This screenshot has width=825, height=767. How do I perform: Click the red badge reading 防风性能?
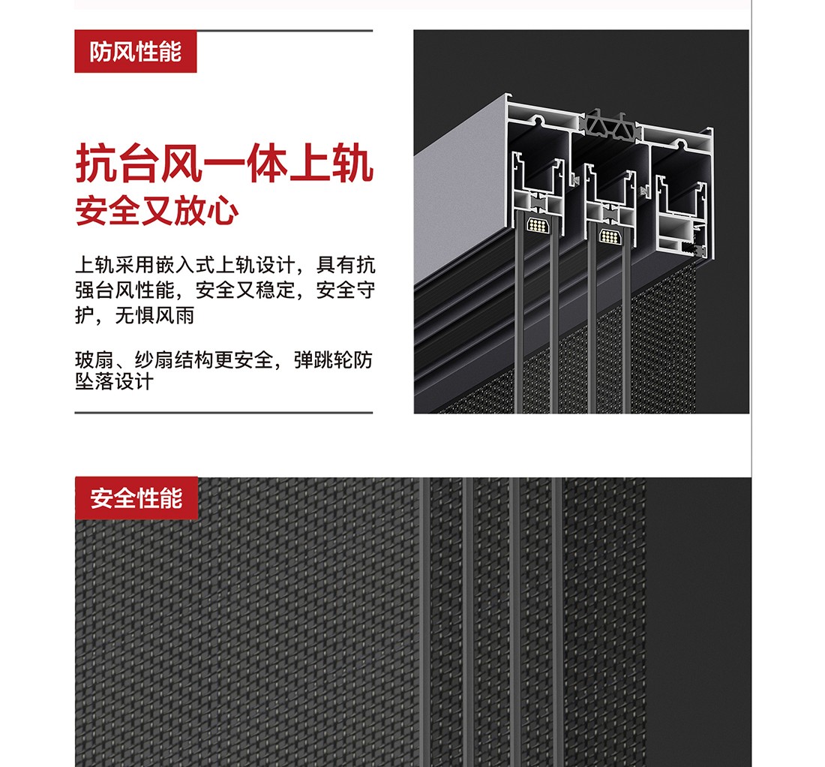(x=135, y=52)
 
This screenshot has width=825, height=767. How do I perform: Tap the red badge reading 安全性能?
(x=136, y=498)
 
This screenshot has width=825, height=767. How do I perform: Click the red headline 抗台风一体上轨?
(x=225, y=163)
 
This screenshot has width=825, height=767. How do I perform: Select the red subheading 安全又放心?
(x=157, y=211)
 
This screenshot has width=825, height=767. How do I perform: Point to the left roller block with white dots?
(x=537, y=225)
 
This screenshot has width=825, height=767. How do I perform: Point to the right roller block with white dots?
(x=609, y=236)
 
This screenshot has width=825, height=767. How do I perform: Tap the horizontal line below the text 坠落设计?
(x=223, y=413)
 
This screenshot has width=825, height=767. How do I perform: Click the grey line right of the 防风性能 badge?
(x=285, y=31)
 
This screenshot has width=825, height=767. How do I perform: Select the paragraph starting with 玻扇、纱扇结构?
(x=223, y=371)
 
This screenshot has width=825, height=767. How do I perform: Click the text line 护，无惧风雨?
(x=135, y=315)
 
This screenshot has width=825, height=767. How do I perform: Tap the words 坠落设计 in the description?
(x=114, y=382)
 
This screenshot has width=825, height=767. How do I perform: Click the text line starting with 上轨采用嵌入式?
(x=225, y=265)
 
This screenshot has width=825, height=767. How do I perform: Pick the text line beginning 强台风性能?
(x=225, y=290)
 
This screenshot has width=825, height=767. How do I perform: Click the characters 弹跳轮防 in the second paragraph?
(x=333, y=360)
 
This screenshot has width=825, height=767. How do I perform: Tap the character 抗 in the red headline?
(x=97, y=164)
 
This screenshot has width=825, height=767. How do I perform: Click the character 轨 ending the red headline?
(x=353, y=164)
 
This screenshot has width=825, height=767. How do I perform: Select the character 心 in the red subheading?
(x=223, y=211)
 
